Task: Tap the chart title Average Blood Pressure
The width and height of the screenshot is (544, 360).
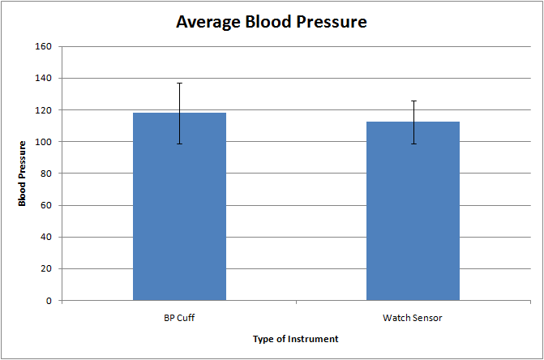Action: coord(272,22)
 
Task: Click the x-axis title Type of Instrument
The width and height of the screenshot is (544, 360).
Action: coord(295,339)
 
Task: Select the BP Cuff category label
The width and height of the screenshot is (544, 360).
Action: coord(179,316)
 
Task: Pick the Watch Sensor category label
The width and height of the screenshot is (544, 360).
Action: coord(413,316)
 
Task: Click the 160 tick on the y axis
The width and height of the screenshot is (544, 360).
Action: coord(45,47)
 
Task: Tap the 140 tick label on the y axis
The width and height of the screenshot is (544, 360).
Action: coord(45,79)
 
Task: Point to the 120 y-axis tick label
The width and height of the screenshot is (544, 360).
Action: coord(45,110)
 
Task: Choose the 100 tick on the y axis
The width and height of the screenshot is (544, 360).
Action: coord(45,142)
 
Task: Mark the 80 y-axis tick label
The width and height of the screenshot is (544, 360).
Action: coord(47,174)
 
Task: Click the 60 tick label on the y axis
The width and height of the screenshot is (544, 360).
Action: coord(47,205)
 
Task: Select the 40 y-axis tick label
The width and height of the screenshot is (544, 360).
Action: coord(47,237)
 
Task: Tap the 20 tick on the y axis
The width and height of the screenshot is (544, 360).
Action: coord(47,268)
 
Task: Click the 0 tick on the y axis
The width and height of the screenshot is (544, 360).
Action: coord(49,301)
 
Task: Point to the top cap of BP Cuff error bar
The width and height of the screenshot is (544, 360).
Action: coord(179,83)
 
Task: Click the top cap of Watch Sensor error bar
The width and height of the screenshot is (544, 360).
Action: coord(413,101)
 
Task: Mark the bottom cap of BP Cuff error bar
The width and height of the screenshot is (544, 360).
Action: coord(179,144)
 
